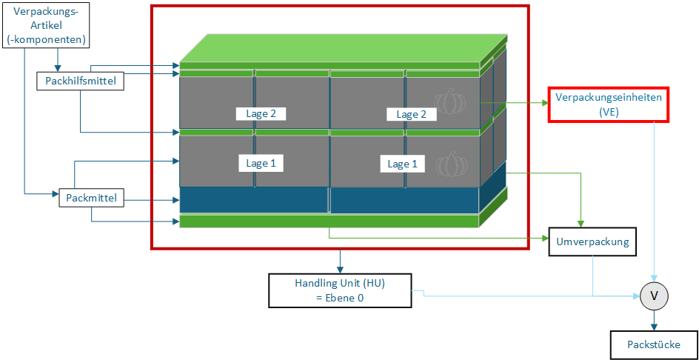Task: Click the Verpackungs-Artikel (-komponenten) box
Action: click(x=47, y=25)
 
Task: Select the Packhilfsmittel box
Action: click(x=79, y=81)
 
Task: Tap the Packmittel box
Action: click(x=91, y=198)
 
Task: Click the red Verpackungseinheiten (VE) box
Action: click(x=609, y=104)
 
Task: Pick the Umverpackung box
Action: click(x=593, y=241)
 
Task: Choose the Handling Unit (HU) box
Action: click(x=340, y=290)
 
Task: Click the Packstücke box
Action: click(x=654, y=344)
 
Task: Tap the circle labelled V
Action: click(x=654, y=296)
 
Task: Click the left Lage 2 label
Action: click(x=261, y=113)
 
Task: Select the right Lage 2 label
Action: click(x=411, y=114)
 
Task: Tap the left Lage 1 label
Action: click(x=261, y=163)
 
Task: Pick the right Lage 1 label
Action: click(x=402, y=164)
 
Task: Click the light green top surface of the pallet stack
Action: click(x=344, y=48)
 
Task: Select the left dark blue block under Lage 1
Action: click(x=254, y=200)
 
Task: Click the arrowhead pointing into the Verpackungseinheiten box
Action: click(x=545, y=103)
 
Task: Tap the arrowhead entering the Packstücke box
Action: click(x=654, y=327)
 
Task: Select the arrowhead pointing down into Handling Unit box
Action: click(x=340, y=270)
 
